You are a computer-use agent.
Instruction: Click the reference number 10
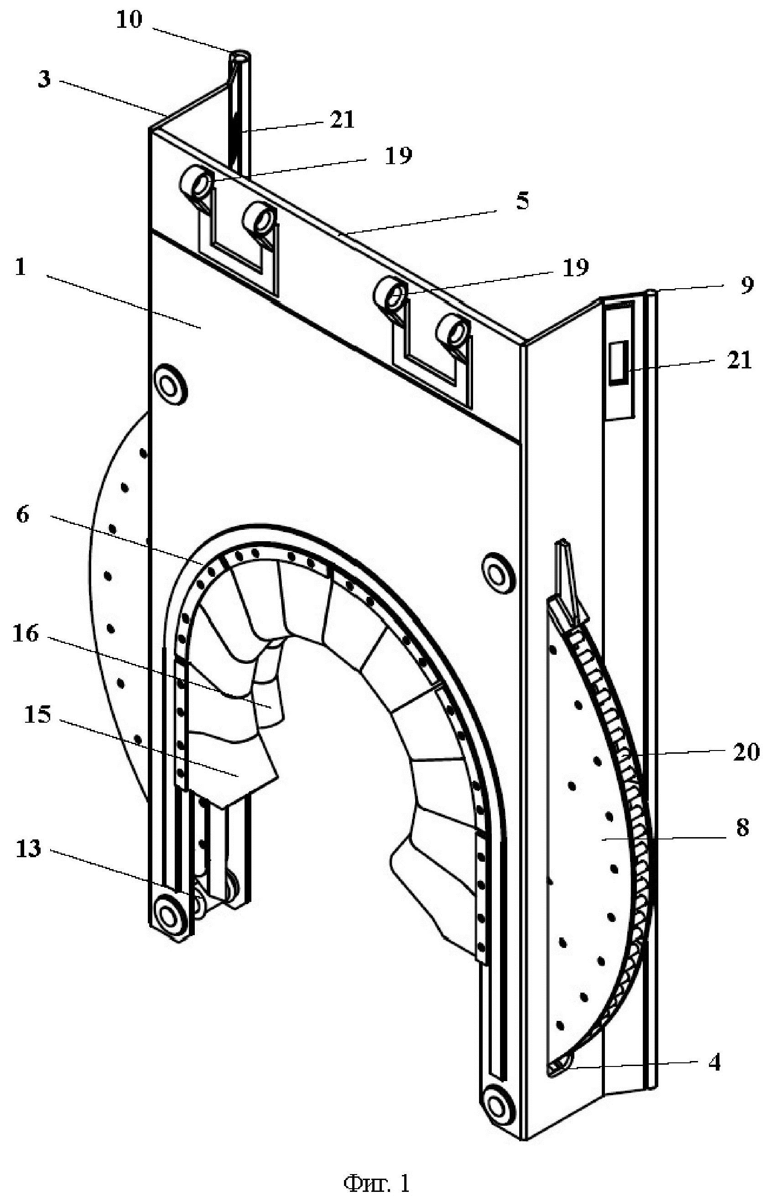tap(129, 21)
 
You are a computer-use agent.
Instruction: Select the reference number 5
tap(522, 201)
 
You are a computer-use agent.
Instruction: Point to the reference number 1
tap(21, 267)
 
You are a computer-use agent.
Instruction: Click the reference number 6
tap(23, 514)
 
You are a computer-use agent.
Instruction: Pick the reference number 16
tap(26, 634)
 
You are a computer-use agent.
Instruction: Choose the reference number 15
tap(37, 715)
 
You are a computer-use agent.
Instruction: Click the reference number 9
tap(746, 285)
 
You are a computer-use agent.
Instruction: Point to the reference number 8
tap(742, 828)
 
